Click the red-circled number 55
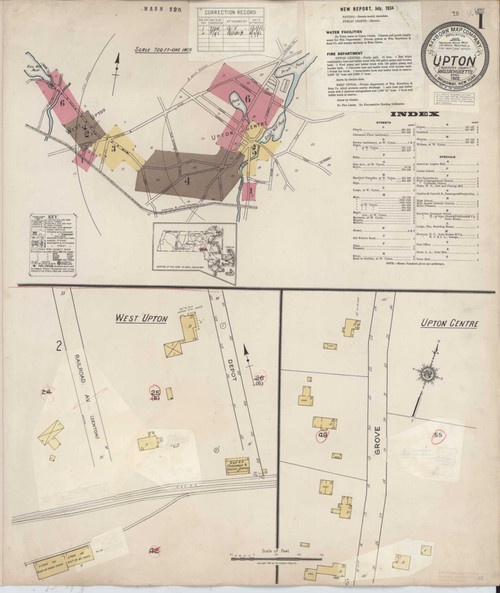click(x=438, y=435)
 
